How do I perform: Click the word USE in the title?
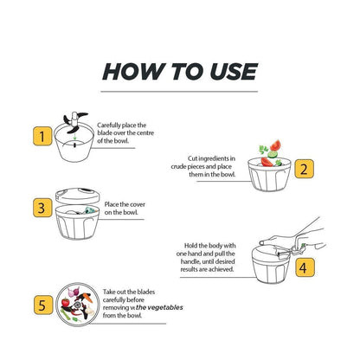231,71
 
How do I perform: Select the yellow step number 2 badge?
304,170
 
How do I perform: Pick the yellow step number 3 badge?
40,208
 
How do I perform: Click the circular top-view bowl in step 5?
79,305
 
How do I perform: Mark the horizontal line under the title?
180,90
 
